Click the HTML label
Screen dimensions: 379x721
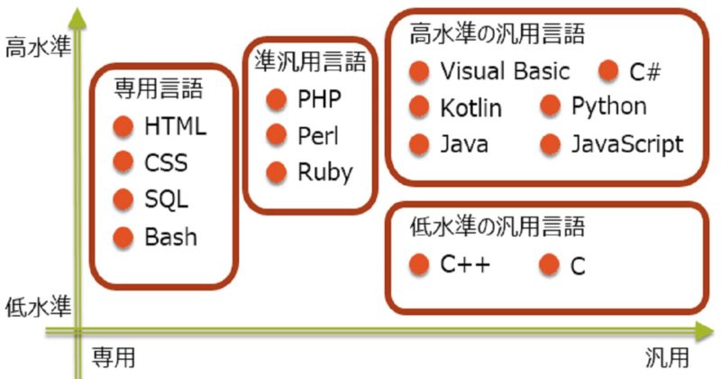coord(175,126)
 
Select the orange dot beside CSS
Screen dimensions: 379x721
coord(123,163)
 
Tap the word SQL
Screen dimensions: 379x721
coord(166,200)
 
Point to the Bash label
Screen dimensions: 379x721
coord(170,237)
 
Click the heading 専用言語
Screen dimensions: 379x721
coord(158,88)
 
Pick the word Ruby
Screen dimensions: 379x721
coord(324,171)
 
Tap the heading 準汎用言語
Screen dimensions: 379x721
coord(311,61)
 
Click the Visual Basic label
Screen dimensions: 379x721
coord(505,71)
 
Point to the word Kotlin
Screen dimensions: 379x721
coord(470,108)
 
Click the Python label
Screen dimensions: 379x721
coord(608,106)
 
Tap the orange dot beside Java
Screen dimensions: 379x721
coord(418,143)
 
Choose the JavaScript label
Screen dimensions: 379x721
coord(627,143)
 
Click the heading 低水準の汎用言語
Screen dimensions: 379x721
coord(497,226)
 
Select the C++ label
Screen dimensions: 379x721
coord(464,264)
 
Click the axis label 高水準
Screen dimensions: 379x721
coord(33,45)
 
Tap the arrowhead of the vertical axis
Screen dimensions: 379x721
coord(79,16)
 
